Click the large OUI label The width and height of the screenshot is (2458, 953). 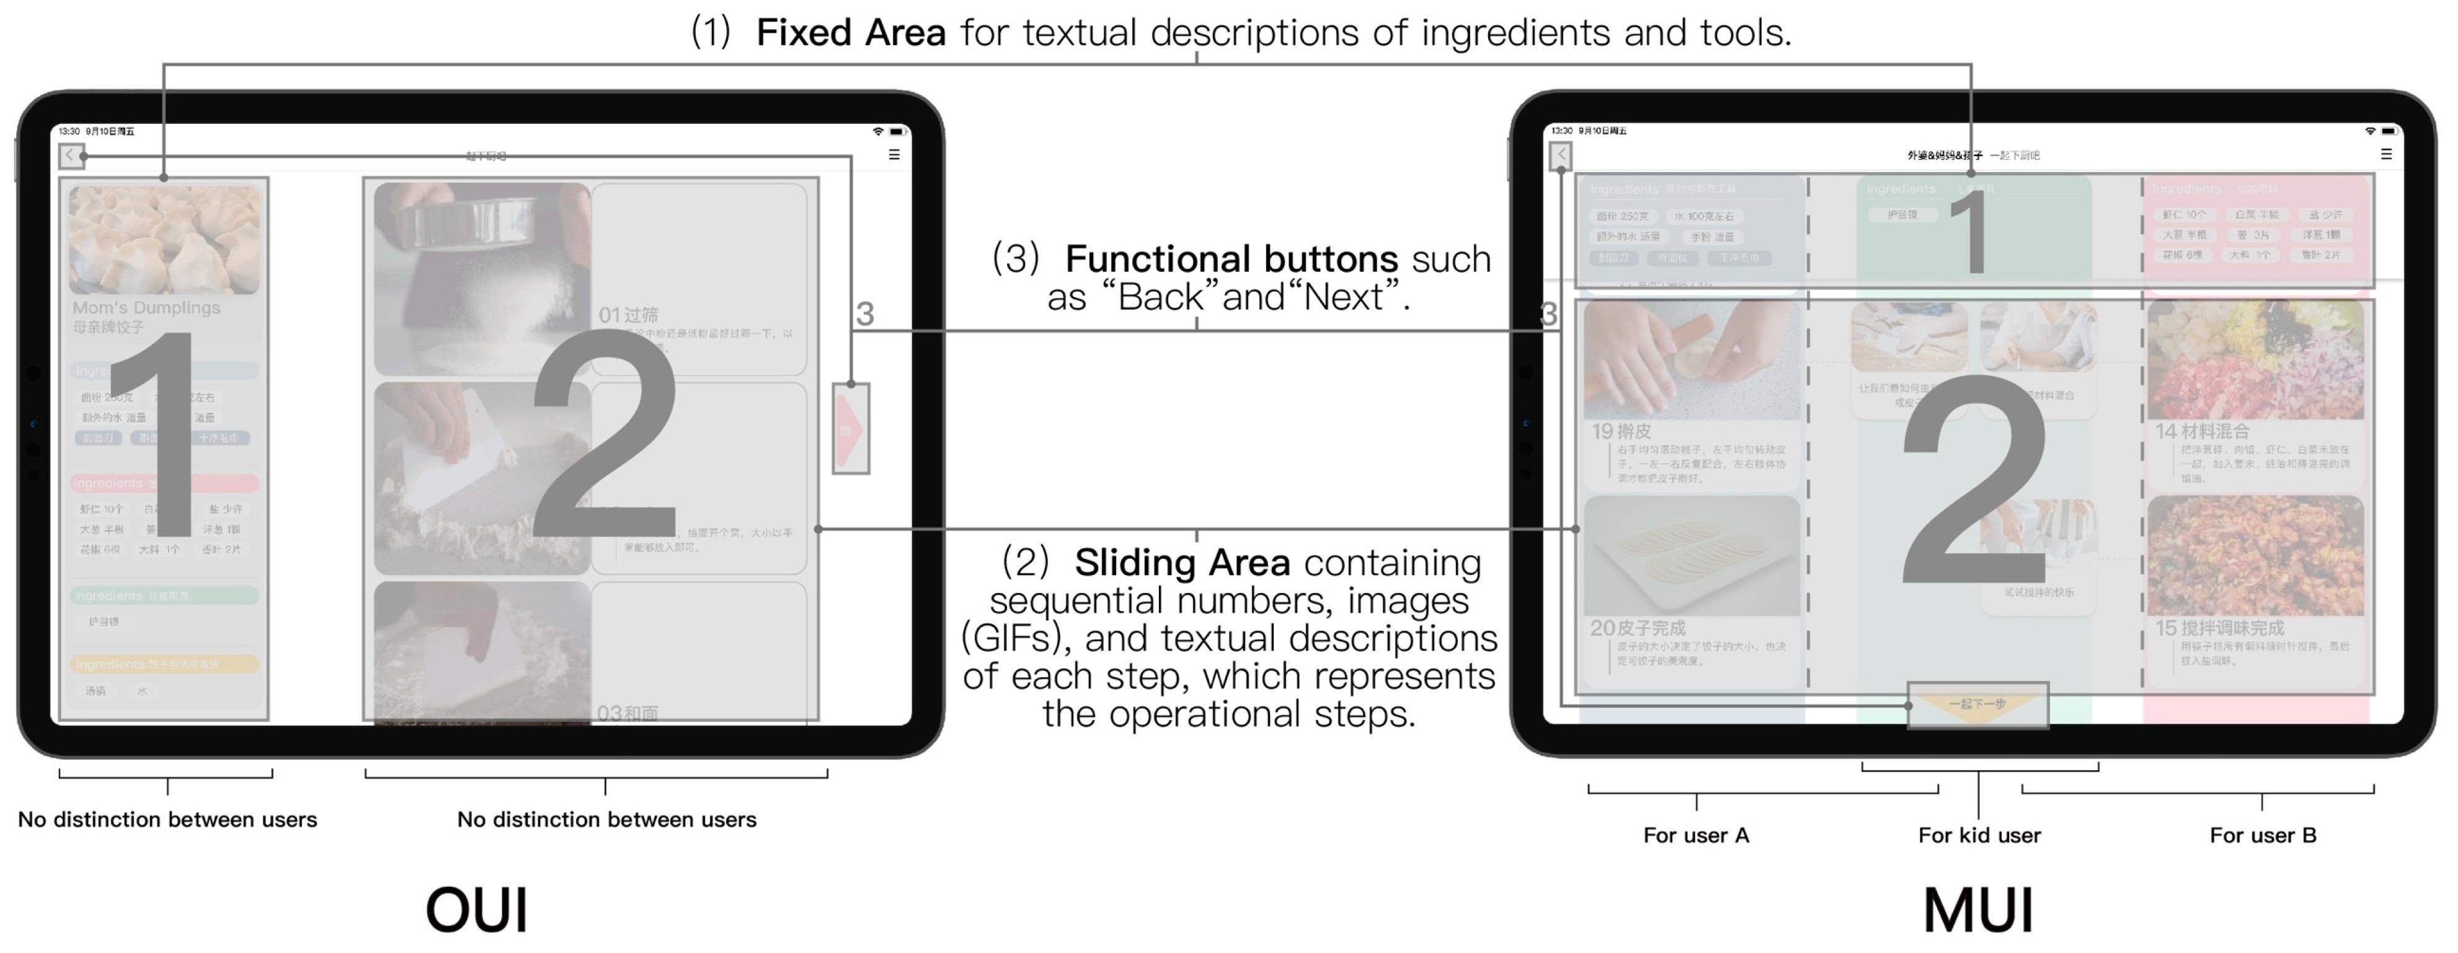[x=476, y=910]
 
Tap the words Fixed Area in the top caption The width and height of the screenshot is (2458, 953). [x=850, y=33]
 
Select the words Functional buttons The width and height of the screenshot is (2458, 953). [x=1231, y=258]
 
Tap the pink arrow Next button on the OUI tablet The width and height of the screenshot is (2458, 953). [x=850, y=429]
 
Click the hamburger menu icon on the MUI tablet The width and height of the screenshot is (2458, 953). [x=2385, y=154]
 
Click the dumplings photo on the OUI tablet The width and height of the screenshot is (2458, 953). [x=164, y=239]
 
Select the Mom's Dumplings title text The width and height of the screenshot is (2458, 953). [x=146, y=307]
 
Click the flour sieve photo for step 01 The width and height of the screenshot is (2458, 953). [x=482, y=276]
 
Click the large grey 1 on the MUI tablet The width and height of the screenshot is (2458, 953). [x=1969, y=232]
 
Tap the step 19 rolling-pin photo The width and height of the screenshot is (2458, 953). [x=1691, y=359]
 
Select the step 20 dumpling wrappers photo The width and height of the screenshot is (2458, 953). [x=1691, y=555]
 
